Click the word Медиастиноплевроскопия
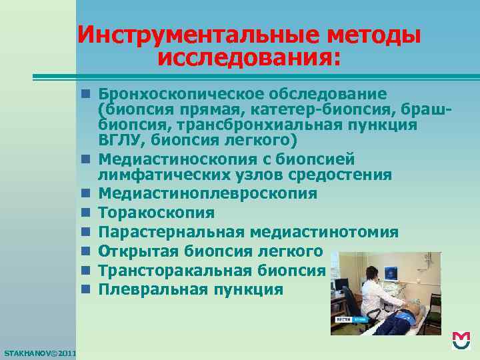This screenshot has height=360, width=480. (x=207, y=194)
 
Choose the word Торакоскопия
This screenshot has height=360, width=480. (x=156, y=213)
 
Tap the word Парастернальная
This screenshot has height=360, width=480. (x=171, y=233)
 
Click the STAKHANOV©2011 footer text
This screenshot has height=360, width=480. (x=39, y=352)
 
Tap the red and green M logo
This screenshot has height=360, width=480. (x=461, y=341)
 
